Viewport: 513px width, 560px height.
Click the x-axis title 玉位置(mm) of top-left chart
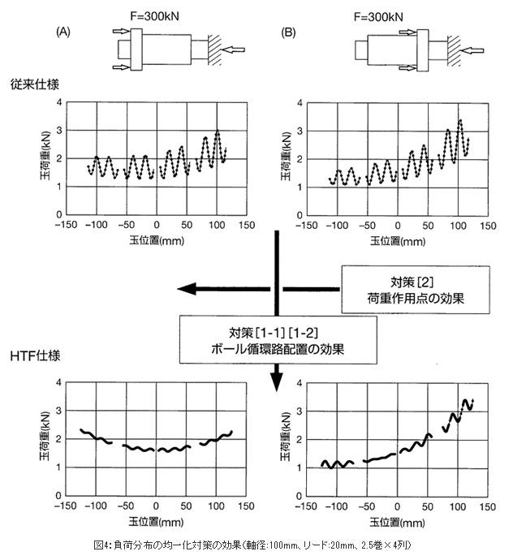(x=157, y=240)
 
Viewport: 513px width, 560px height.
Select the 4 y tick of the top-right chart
(x=300, y=104)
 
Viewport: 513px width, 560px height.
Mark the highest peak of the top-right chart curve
(x=460, y=121)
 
